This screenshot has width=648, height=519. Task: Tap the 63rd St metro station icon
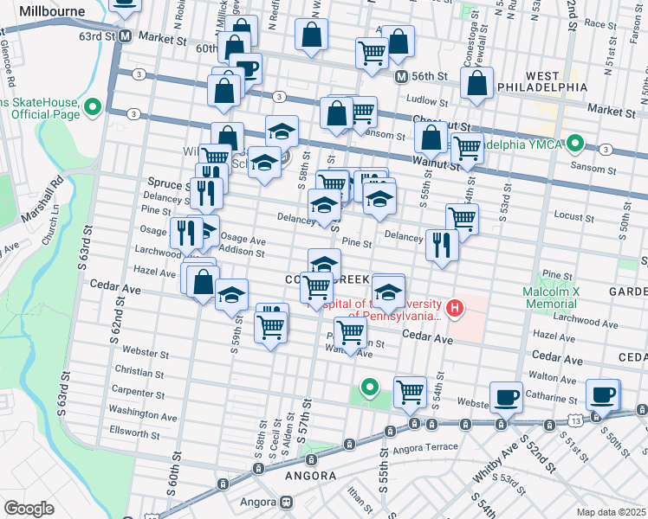(126, 37)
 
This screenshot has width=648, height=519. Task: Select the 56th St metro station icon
(401, 77)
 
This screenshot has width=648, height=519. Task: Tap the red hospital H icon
(453, 307)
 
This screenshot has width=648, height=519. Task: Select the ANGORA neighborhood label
(310, 476)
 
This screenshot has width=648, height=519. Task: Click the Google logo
(29, 508)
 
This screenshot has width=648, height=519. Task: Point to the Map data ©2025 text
(611, 512)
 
